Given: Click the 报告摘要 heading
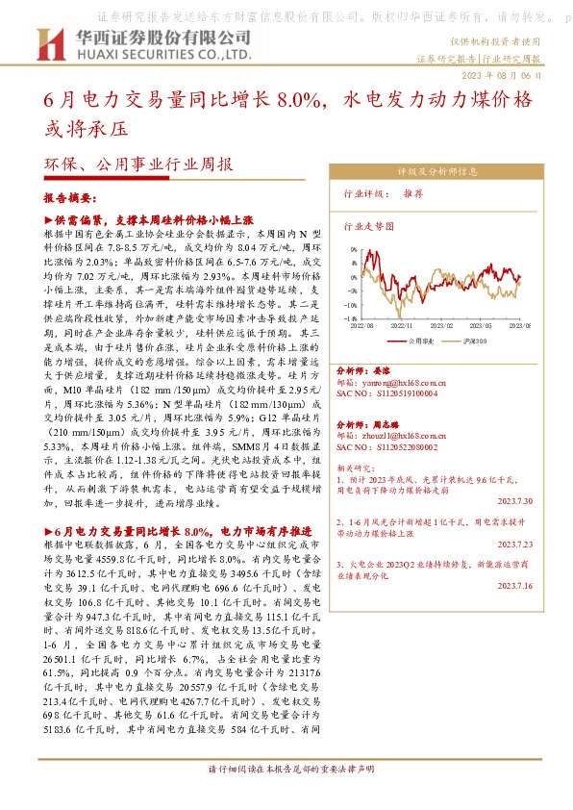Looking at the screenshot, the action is (x=70, y=197).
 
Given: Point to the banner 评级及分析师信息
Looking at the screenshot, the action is (x=437, y=173).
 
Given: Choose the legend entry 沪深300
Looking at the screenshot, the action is (x=476, y=341).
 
